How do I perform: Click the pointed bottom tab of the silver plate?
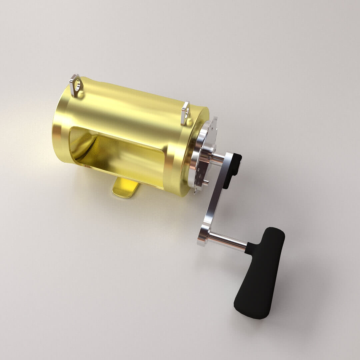196,192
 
